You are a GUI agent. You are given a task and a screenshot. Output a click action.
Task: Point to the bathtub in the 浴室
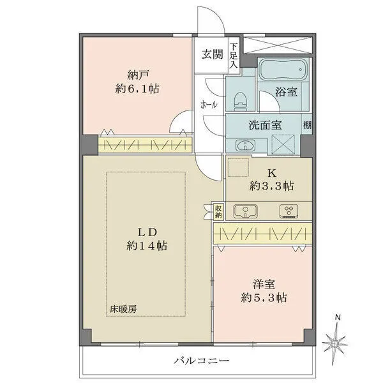coord(283,70)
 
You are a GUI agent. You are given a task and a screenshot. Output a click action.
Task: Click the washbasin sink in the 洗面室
coord(243,144)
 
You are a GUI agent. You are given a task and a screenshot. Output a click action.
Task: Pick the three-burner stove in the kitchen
coord(288,211)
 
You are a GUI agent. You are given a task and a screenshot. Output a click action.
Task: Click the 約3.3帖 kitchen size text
coord(271,186)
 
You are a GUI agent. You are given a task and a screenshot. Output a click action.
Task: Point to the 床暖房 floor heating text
coord(123,309)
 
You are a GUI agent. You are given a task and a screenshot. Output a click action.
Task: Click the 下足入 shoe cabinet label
coord(234,55)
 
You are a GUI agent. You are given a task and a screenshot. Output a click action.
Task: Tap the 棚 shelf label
coord(308,125)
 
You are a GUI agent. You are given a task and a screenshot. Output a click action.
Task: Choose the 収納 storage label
coord(219,210)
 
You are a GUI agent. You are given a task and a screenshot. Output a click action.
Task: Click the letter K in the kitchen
coord(271,172)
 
